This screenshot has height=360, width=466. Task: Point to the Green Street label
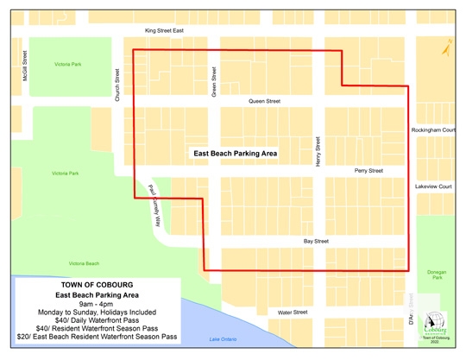[213, 81]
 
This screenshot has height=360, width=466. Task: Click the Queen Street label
[264, 101]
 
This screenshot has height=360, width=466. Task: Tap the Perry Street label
[368, 171]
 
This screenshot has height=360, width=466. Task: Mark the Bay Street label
[315, 241]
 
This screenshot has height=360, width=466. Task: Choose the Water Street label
[293, 312]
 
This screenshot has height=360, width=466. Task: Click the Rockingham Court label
[433, 129]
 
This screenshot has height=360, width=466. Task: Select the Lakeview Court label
[433, 186]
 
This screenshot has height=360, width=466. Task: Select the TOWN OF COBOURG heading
[96, 285]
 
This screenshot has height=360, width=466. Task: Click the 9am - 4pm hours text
[97, 304]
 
